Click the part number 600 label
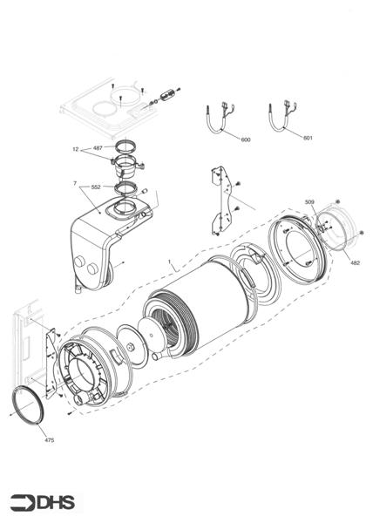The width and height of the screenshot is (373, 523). (245, 139)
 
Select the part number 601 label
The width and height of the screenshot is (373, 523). (308, 139)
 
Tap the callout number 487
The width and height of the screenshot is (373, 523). (98, 148)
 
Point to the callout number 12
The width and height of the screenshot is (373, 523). (77, 150)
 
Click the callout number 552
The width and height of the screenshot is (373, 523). (96, 186)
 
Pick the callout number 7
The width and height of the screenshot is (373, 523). (76, 185)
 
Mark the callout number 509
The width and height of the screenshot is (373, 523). (309, 202)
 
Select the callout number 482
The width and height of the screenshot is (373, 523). (355, 262)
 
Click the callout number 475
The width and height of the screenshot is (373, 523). (49, 440)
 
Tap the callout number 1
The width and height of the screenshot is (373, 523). (170, 261)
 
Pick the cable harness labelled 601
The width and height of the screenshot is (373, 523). (283, 119)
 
